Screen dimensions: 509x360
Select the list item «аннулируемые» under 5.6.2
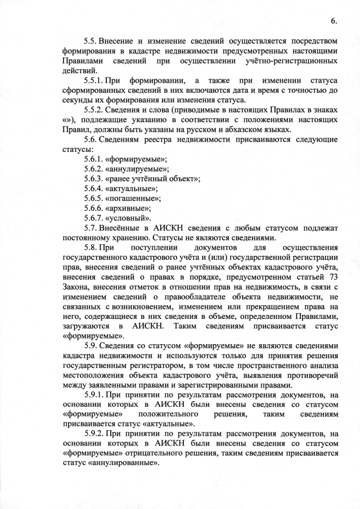(140, 169)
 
